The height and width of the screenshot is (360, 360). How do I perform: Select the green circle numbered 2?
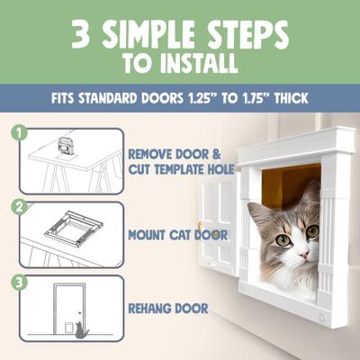click(17, 205)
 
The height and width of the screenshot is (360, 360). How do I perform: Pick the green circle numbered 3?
click(17, 279)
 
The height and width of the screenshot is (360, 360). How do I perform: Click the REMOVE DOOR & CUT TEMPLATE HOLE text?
click(181, 161)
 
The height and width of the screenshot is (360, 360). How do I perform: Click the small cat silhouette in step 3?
click(80, 329)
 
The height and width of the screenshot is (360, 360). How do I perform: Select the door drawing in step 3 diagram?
click(68, 310)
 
